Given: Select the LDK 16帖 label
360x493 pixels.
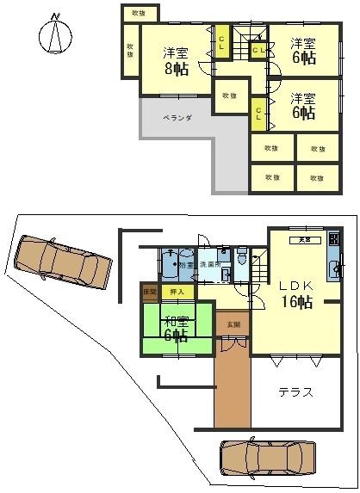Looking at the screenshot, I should click(299, 293).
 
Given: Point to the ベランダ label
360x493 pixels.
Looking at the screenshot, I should click(177, 117).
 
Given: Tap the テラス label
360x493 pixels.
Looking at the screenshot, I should click(295, 392).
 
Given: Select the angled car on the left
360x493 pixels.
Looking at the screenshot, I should click(62, 262).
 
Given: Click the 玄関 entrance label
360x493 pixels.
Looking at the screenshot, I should click(233, 324).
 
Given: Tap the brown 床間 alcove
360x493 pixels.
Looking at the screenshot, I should click(149, 293).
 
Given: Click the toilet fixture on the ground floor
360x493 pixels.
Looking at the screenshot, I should click(245, 256).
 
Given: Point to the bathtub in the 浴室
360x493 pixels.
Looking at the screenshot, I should click(170, 263).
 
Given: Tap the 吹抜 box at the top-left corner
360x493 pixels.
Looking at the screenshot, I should click(139, 13).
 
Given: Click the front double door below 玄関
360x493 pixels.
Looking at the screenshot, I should click(233, 342).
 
